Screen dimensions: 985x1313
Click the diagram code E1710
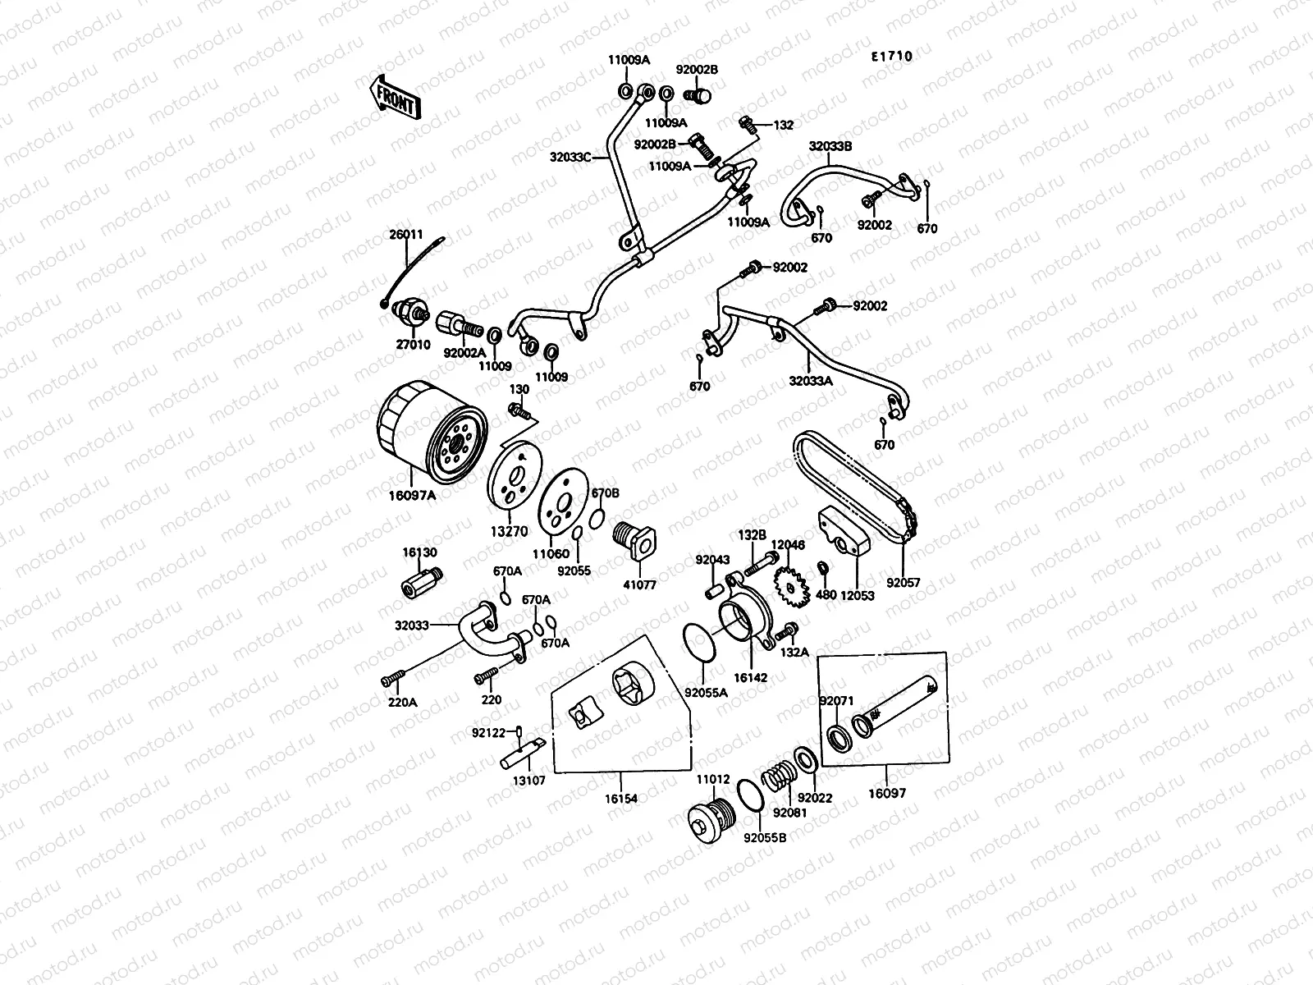click(891, 57)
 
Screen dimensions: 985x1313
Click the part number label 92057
click(903, 583)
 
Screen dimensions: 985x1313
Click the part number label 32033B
click(830, 147)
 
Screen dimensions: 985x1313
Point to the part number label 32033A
click(811, 381)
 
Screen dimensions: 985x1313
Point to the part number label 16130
click(419, 553)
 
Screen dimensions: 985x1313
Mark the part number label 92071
click(836, 701)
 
